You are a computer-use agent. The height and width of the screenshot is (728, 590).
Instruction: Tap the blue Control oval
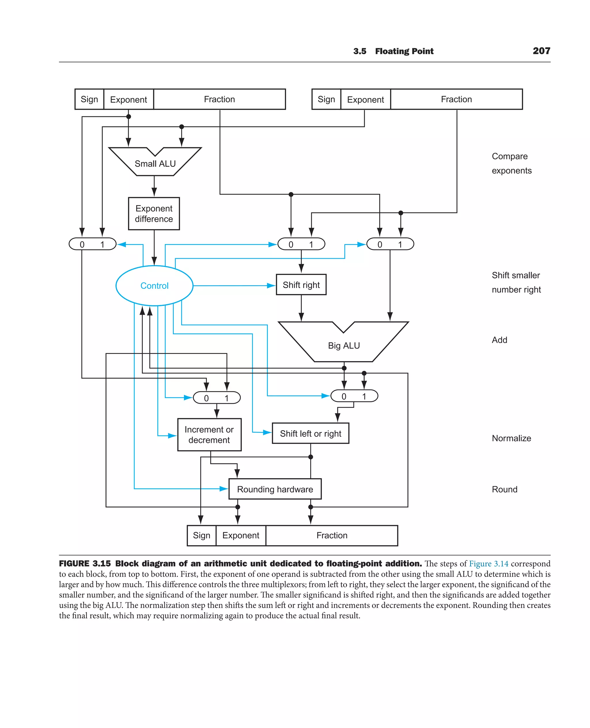[154, 286]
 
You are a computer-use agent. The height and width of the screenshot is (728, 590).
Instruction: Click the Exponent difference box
[154, 214]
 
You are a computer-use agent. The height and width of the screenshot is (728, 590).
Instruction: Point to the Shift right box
[301, 285]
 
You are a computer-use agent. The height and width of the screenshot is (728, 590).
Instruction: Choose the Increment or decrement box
[209, 435]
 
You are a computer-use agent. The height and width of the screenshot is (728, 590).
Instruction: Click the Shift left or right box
[310, 433]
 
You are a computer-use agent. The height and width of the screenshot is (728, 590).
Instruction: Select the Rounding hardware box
[275, 489]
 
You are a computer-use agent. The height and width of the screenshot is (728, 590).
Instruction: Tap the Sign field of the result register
[202, 535]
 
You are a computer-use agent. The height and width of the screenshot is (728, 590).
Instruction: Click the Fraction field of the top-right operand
[456, 99]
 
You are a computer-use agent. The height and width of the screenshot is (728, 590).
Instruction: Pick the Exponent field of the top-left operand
[128, 99]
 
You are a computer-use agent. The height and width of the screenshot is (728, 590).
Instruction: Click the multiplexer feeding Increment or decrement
[216, 397]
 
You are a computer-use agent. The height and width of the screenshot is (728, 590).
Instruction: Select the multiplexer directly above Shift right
[301, 244]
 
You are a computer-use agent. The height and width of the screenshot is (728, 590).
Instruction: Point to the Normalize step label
[511, 438]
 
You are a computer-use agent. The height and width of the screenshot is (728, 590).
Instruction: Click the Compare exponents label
[511, 163]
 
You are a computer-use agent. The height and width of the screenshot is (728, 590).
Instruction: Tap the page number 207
[541, 51]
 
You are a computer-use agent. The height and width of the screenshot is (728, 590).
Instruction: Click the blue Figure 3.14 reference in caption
[488, 563]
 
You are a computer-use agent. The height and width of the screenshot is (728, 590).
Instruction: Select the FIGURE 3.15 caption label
[85, 563]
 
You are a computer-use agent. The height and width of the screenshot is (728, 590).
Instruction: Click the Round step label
[504, 489]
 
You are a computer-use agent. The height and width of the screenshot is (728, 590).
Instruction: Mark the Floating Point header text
[404, 51]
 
